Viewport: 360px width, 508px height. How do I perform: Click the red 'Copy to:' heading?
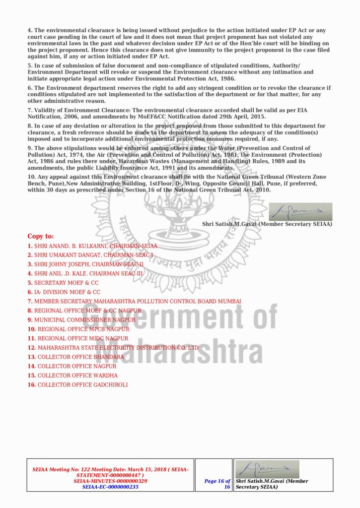coord(40,236)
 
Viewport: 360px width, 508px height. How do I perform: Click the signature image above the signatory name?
coord(300,212)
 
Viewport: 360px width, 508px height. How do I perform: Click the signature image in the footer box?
coord(268,469)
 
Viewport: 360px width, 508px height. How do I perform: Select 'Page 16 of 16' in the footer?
coord(217,484)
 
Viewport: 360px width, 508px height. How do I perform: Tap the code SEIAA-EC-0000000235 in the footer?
coord(110,487)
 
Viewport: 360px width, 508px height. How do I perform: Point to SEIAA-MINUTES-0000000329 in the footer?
coord(110,481)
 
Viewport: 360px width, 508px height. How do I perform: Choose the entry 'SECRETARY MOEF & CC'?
coord(67,283)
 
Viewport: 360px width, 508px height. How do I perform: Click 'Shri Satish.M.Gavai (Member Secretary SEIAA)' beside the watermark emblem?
coord(267,224)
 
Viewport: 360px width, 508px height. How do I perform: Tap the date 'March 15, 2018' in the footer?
coord(137,469)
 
